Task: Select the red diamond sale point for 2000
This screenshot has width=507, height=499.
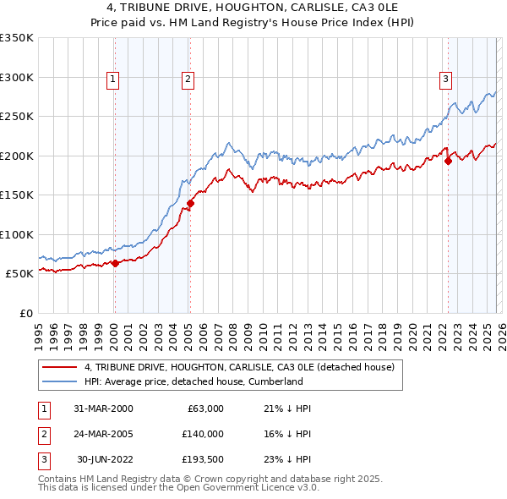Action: [x=116, y=263]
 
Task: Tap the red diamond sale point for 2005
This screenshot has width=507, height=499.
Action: [x=190, y=203]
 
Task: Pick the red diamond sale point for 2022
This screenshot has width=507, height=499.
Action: [x=448, y=162]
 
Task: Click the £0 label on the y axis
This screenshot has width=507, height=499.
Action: [x=25, y=313]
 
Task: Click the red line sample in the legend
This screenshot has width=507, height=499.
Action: [x=59, y=368]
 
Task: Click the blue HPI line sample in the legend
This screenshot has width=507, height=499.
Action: [x=59, y=382]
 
